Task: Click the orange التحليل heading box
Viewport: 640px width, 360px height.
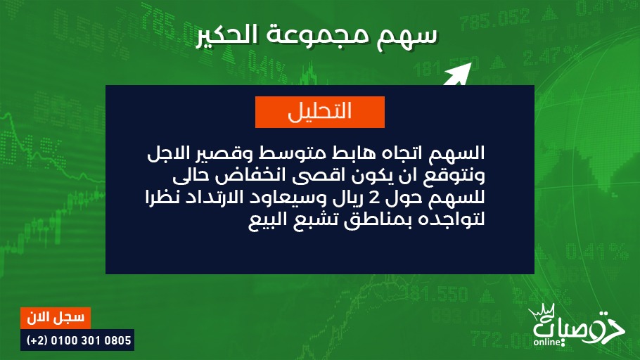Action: [320, 112]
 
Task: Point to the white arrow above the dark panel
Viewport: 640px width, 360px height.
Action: [458, 75]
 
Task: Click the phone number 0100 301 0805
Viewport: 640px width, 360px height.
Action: [91, 340]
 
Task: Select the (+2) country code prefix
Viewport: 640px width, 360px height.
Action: [37, 340]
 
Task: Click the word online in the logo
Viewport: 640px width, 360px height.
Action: [547, 342]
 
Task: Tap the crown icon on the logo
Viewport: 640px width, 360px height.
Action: [542, 311]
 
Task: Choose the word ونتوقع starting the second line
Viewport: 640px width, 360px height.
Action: [454, 176]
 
